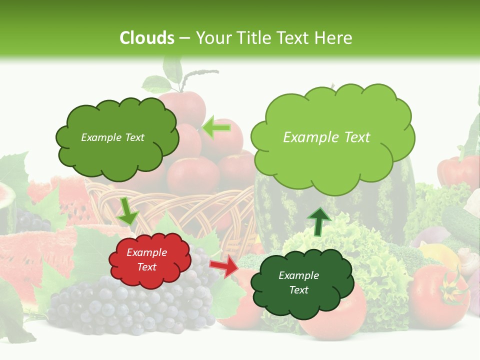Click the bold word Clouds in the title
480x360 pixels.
[x=146, y=38]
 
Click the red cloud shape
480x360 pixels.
[x=149, y=260]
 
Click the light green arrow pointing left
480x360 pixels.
[x=216, y=128]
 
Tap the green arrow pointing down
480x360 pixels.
[x=127, y=211]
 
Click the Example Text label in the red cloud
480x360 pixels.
[x=147, y=260]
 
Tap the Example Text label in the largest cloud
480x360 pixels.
[x=327, y=137]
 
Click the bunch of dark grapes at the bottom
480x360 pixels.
[x=125, y=305]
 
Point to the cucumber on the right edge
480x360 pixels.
[x=460, y=220]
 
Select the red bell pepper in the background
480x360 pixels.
[x=457, y=170]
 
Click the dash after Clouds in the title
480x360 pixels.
[x=184, y=38]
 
